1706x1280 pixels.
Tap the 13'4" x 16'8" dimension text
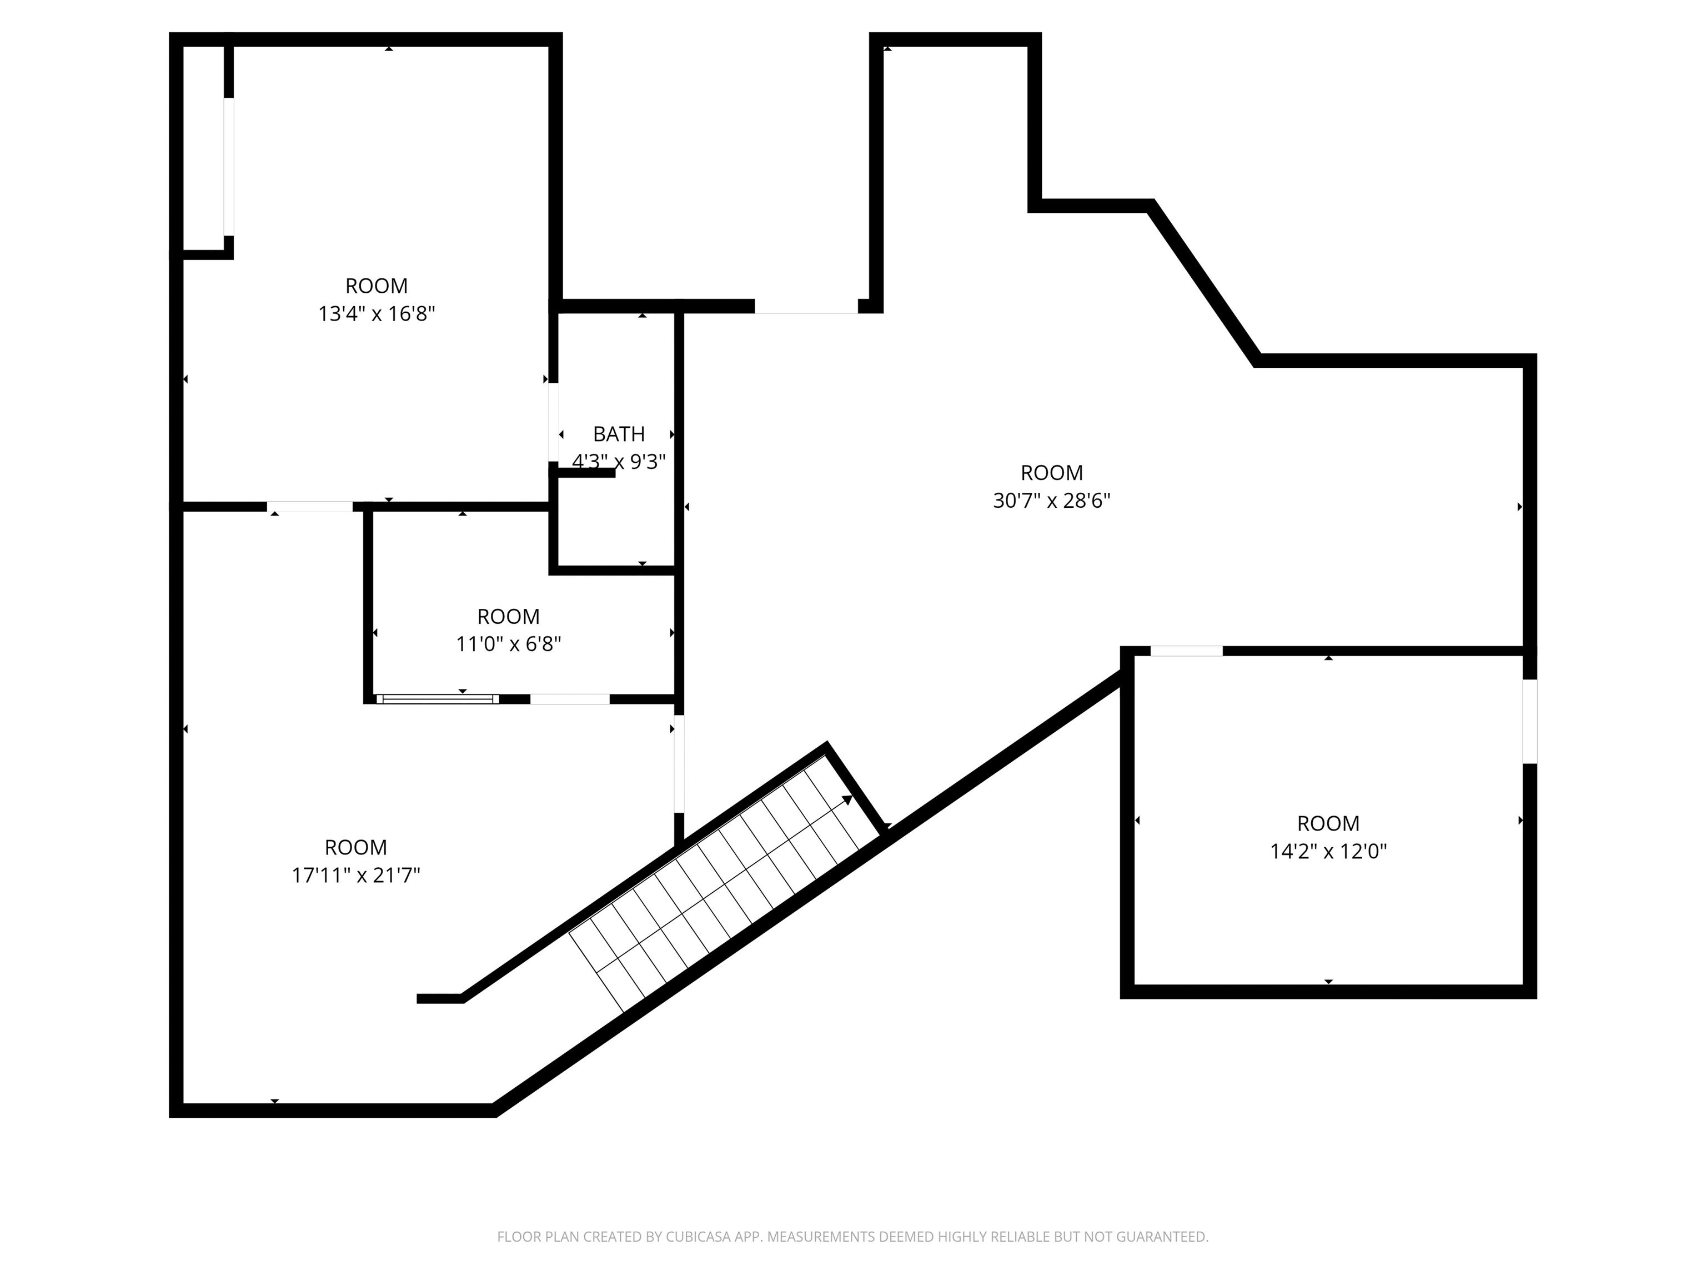click(x=377, y=314)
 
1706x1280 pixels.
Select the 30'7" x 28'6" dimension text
click(x=1051, y=501)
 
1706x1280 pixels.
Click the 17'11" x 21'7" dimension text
click(x=355, y=875)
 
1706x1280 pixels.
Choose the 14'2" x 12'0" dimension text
click(x=1328, y=851)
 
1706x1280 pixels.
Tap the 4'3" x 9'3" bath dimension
click(x=619, y=461)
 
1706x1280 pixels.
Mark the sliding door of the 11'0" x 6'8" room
click(x=437, y=699)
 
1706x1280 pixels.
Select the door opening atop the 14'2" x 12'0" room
click(x=1186, y=651)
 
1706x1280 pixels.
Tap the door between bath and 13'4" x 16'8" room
click(x=553, y=422)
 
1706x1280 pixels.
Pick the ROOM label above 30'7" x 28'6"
click(x=1051, y=472)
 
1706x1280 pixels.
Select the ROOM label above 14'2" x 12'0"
click(x=1328, y=823)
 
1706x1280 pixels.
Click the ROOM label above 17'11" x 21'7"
click(x=355, y=847)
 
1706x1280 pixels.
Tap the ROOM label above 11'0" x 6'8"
click(x=508, y=617)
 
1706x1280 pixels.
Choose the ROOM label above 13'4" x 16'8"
click(x=377, y=286)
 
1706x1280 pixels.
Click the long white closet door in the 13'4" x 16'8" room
click(x=228, y=166)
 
